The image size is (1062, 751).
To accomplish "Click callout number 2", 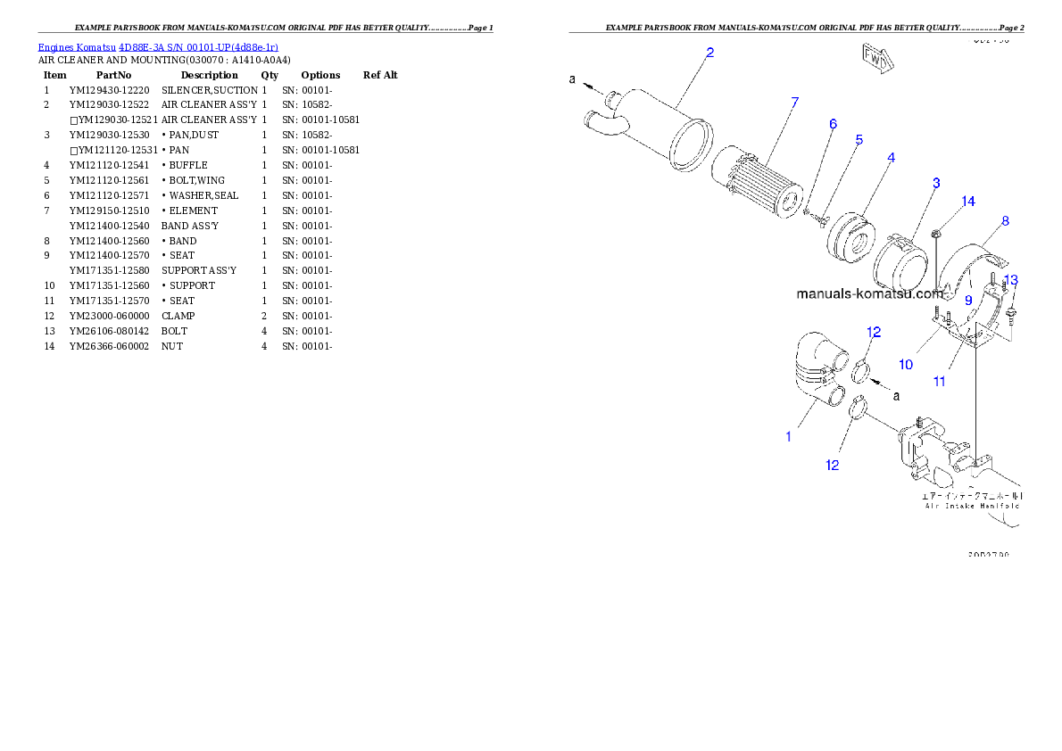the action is pyautogui.click(x=709, y=53).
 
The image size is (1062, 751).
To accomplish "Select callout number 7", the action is pyautogui.click(x=794, y=103).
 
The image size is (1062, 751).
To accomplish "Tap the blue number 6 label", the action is pyautogui.click(x=833, y=124).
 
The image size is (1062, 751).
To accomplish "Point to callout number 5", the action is pyautogui.click(x=859, y=140).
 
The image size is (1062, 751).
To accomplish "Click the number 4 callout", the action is pyautogui.click(x=891, y=158).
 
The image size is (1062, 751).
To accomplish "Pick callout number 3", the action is pyautogui.click(x=936, y=183).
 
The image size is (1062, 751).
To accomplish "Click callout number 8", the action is pyautogui.click(x=1005, y=221).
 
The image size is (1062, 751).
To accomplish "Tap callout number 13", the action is pyautogui.click(x=1011, y=280).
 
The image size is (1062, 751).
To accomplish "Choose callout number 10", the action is pyautogui.click(x=906, y=364).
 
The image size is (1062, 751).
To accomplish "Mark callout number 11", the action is pyautogui.click(x=940, y=382).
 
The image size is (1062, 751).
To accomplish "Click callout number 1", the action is pyautogui.click(x=788, y=437).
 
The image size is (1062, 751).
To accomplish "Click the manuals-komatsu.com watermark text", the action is pyautogui.click(x=869, y=293).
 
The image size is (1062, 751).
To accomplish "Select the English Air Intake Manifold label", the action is pyautogui.click(x=974, y=506).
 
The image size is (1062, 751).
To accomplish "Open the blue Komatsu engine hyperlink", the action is pyautogui.click(x=158, y=46).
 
